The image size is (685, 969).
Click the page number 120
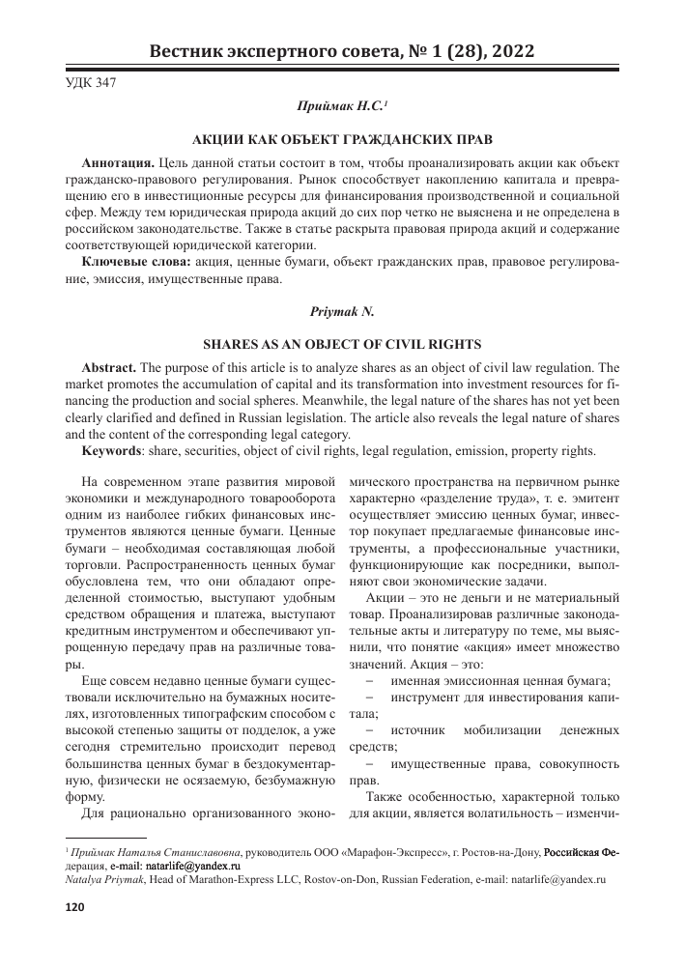[74, 907]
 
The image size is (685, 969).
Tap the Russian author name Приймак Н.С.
[340, 104]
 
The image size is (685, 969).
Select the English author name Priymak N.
[342, 313]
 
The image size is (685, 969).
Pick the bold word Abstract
[111, 368]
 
